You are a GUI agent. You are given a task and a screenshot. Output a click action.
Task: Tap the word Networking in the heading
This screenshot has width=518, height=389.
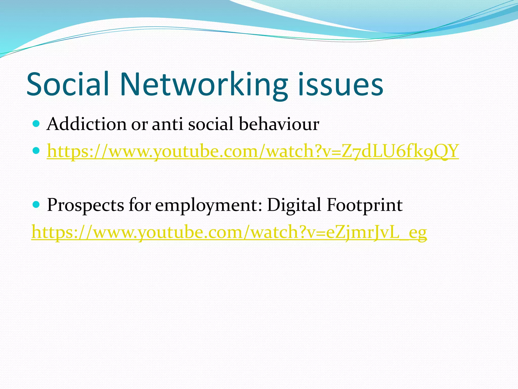coord(204,85)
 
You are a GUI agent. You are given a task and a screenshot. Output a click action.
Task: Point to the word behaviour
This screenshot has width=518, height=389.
coord(279,124)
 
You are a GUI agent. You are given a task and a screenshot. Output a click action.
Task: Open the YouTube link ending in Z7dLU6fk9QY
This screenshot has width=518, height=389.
coord(253,151)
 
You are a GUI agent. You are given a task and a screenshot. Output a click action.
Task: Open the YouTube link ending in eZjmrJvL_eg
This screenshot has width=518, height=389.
coord(229,232)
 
